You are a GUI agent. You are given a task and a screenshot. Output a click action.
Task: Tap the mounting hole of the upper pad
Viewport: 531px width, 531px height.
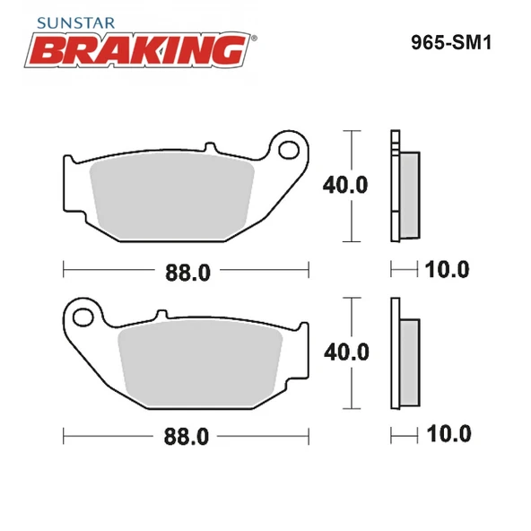tap(290, 147)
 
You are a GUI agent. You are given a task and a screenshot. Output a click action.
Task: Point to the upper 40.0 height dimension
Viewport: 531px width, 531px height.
tap(345, 186)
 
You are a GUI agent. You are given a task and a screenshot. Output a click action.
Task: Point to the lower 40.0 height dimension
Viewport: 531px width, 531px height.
tap(345, 352)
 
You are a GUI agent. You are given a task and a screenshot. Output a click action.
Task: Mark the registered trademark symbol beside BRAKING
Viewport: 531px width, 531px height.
tap(254, 39)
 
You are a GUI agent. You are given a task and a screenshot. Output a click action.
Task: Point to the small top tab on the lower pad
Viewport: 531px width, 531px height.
tap(161, 315)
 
